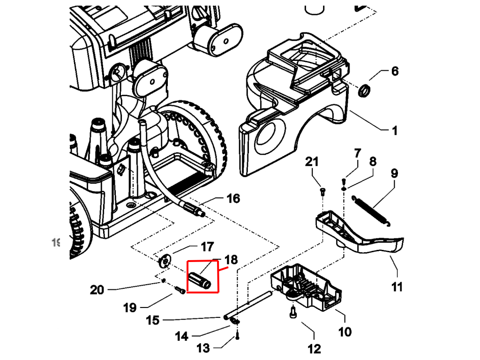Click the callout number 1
click(x=394, y=130)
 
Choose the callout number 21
click(x=312, y=162)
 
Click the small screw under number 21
click(x=322, y=191)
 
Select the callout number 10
click(x=345, y=332)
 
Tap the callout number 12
click(x=314, y=348)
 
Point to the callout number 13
click(x=203, y=348)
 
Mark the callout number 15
click(x=153, y=320)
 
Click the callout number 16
click(x=233, y=198)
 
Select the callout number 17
click(x=207, y=246)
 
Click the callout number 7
click(x=358, y=153)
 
